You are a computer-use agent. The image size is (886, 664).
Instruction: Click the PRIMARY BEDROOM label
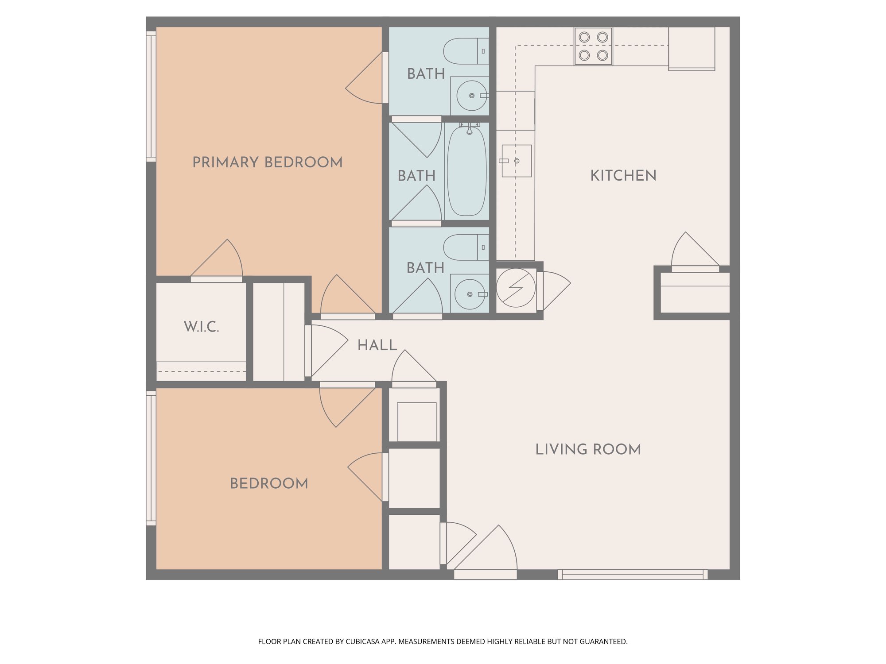coord(268,162)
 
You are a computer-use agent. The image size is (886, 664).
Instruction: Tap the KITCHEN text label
coord(623,176)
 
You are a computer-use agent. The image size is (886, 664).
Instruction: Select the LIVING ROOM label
coord(588,449)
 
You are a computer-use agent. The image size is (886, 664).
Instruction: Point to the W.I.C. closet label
coord(202,327)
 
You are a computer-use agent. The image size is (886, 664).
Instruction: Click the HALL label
coord(377,345)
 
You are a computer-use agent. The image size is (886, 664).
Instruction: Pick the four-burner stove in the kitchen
coord(593,46)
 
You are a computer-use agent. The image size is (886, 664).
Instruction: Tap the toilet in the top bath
coord(466,51)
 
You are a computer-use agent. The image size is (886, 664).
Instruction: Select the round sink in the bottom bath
coord(470,294)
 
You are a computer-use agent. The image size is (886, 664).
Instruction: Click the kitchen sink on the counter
coord(517,161)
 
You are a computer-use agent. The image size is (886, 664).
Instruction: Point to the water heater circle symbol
coord(516,288)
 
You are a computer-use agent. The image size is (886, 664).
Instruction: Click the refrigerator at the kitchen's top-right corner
coord(692,49)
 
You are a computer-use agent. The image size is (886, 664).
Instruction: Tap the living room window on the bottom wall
coord(633,575)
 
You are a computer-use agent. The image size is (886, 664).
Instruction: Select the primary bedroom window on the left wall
coord(151,97)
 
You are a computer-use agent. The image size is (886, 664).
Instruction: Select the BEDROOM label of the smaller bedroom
coord(269,483)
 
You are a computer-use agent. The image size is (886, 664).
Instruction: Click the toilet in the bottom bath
coord(466,247)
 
